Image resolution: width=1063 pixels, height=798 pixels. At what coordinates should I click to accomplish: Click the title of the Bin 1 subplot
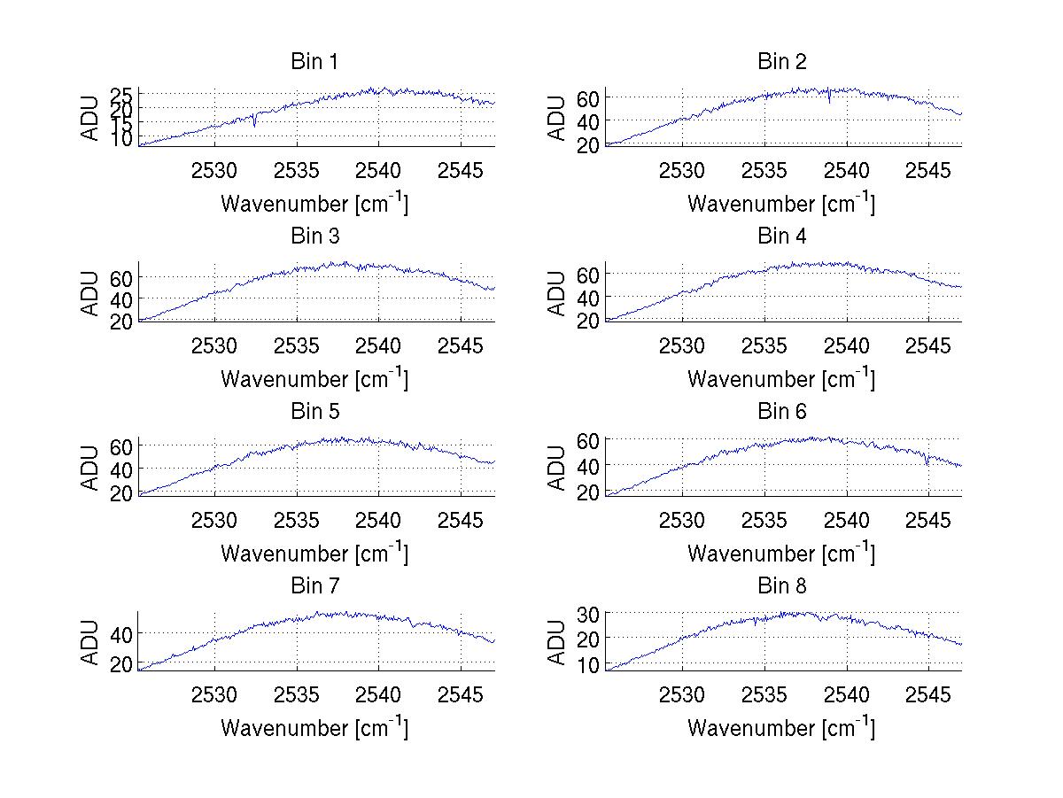314,62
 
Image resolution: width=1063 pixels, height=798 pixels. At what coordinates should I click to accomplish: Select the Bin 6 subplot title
781,412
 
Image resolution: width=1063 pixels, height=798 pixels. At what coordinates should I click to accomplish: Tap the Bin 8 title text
781,586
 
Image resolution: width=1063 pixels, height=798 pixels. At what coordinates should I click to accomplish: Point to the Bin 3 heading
314,236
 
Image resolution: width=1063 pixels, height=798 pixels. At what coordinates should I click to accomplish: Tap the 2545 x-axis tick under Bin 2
927,170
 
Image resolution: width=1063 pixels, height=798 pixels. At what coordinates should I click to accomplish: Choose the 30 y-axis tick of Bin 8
589,613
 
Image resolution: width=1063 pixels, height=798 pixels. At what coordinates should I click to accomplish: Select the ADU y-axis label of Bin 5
90,468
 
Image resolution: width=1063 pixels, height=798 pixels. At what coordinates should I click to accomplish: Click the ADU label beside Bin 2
557,118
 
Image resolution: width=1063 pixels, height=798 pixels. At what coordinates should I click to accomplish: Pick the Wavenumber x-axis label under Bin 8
781,727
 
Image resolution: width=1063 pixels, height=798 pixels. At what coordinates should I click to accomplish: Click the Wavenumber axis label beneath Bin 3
314,378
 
